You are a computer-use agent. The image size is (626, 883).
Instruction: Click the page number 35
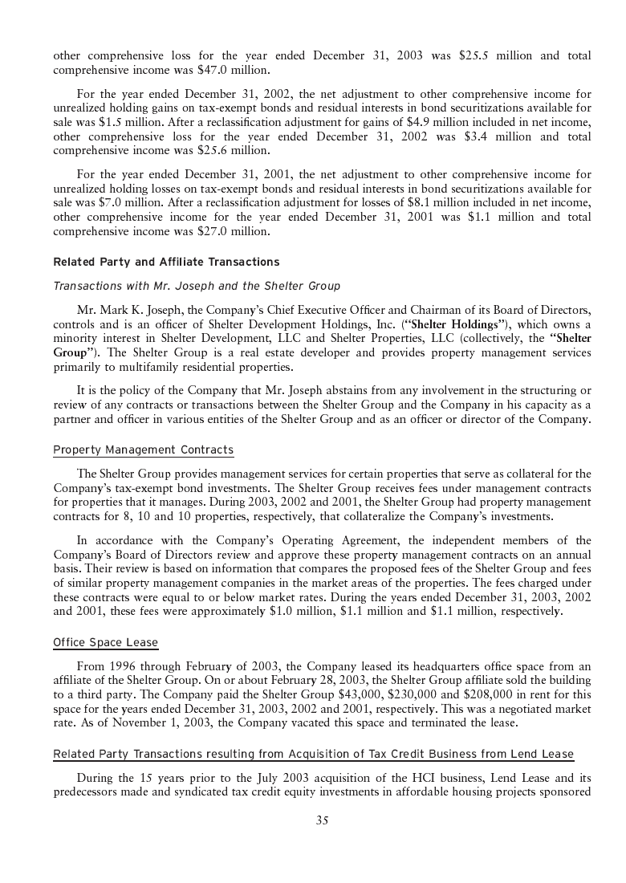322,820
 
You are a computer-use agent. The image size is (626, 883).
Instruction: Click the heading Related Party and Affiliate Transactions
166,262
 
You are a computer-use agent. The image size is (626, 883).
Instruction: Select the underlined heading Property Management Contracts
143,450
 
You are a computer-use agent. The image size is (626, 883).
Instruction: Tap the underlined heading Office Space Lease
105,642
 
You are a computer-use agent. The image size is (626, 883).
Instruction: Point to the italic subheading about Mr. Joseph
197,286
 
